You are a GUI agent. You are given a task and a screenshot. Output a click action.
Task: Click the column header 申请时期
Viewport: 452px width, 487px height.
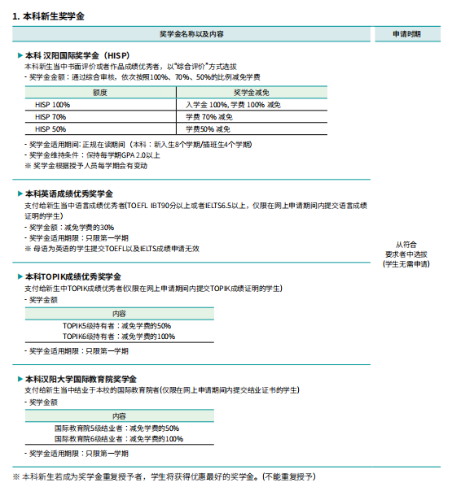tap(407, 34)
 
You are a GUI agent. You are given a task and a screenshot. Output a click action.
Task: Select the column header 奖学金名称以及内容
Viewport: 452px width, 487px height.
tap(191, 34)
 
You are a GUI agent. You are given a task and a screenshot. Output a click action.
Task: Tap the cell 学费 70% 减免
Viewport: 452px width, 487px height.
tap(208, 117)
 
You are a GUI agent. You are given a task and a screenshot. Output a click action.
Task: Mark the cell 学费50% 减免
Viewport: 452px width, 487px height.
tap(208, 129)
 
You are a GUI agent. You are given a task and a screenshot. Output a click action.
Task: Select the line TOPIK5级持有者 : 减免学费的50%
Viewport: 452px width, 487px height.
tap(118, 325)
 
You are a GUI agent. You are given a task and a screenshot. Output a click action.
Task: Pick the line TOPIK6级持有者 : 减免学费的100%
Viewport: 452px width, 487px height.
tap(119, 336)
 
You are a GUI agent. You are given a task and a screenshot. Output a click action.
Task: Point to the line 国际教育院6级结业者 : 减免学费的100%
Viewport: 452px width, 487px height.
tap(119, 439)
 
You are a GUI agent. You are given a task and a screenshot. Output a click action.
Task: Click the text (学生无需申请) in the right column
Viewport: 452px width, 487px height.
tap(406, 264)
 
